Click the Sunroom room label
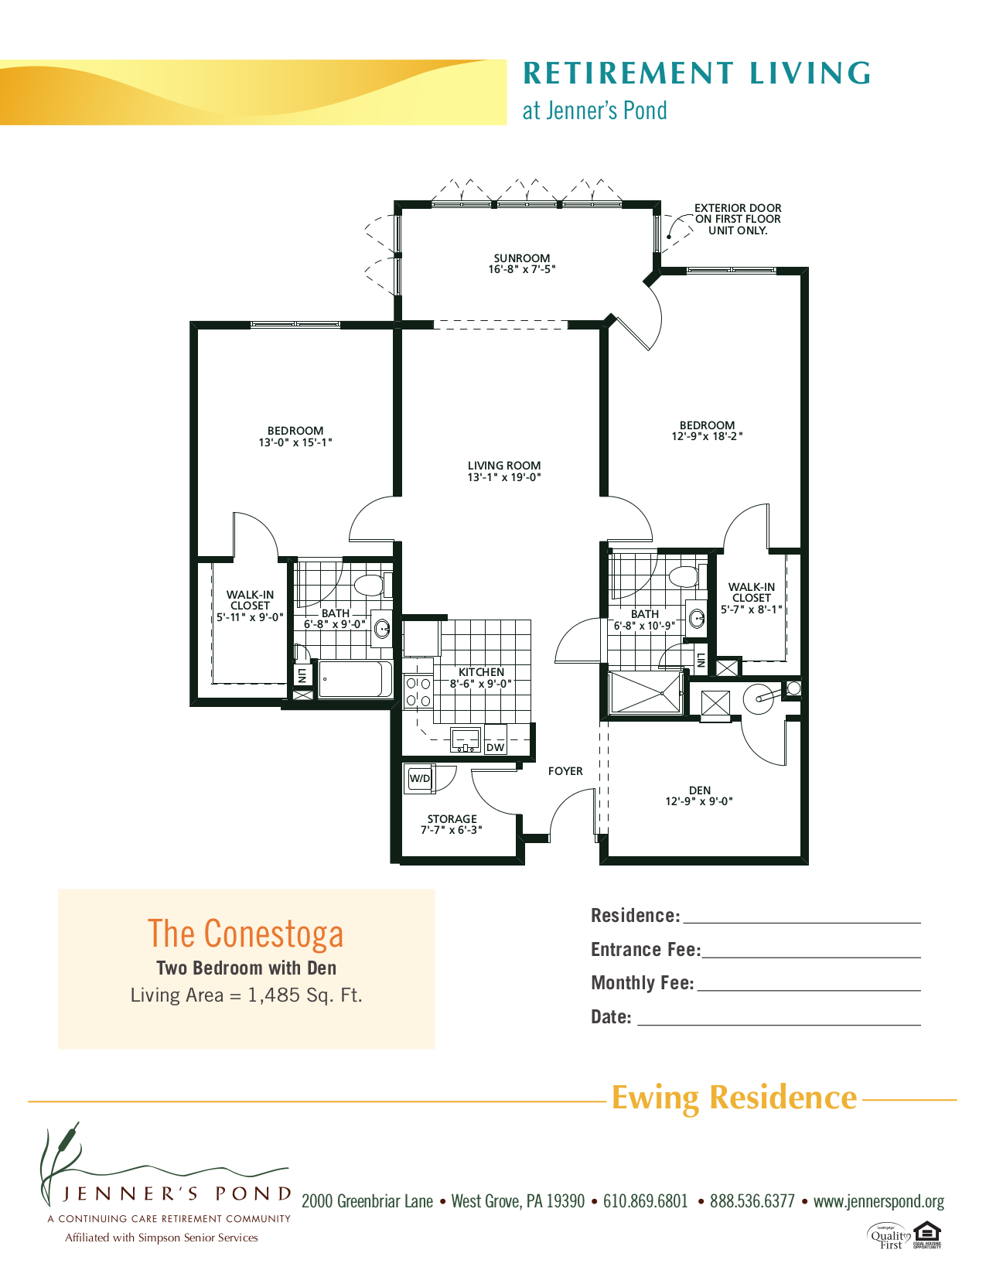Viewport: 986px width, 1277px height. pos(522,258)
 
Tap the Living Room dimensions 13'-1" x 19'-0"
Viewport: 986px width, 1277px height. pos(503,478)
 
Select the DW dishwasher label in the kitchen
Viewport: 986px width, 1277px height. pos(495,747)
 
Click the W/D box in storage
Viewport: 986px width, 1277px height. pos(420,779)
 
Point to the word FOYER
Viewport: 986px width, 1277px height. pos(565,771)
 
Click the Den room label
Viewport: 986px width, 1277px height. pos(699,790)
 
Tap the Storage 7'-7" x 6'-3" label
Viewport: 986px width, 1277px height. pos(452,825)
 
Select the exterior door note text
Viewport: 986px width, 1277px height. pos(737,219)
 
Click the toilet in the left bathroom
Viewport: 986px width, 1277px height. pos(369,585)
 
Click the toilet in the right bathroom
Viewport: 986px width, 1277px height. pos(683,576)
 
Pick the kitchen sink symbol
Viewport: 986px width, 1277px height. pos(466,740)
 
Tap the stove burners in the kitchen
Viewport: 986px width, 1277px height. pos(418,691)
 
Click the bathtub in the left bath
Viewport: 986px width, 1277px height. pos(356,679)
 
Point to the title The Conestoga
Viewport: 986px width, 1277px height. pos(245,934)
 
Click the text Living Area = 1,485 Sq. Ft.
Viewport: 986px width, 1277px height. pos(246,995)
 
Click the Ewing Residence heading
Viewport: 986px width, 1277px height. pos(734,1098)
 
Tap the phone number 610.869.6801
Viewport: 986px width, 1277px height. pos(645,1201)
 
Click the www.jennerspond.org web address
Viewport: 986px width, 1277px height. pos(879,1201)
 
